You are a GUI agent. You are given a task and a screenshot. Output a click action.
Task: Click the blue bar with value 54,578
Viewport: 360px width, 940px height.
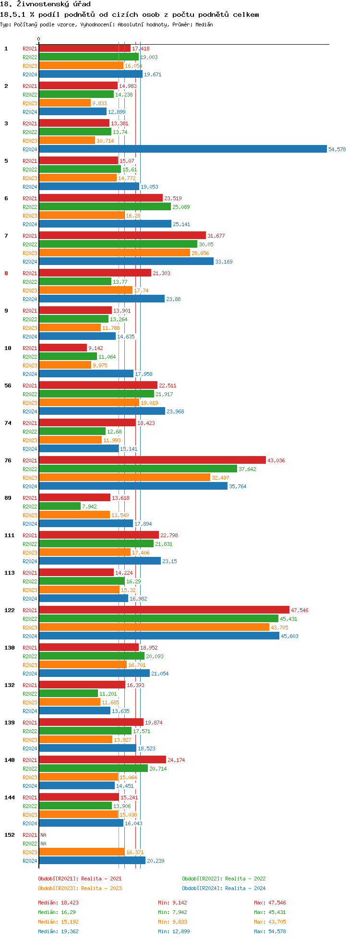(182, 149)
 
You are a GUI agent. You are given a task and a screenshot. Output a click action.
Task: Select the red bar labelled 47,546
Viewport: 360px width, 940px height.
(164, 610)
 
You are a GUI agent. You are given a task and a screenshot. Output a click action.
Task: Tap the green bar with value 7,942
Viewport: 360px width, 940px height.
(60, 506)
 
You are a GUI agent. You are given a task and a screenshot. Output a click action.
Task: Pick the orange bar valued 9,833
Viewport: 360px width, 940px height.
(65, 103)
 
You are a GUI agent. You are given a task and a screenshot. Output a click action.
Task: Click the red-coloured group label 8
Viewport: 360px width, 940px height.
(6, 273)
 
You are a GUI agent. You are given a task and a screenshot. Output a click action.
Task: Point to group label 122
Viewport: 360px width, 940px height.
(10, 610)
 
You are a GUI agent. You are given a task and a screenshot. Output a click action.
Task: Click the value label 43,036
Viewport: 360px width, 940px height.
(276, 460)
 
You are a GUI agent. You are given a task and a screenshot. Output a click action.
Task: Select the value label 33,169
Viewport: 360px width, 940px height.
(224, 262)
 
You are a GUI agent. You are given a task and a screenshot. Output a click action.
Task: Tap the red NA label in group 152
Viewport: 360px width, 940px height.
(43, 835)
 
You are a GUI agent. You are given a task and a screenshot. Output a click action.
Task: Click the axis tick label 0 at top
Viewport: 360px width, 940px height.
(39, 39)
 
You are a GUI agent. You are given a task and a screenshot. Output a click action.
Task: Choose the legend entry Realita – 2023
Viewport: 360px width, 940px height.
(80, 888)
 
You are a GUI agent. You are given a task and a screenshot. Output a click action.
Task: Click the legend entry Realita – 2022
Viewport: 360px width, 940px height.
(224, 879)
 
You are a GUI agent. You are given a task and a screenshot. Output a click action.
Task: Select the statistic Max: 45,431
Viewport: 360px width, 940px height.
(270, 912)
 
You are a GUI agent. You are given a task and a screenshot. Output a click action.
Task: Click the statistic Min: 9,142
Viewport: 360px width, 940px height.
(172, 903)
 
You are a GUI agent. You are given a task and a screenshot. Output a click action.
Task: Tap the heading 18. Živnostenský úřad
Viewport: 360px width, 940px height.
(45, 4)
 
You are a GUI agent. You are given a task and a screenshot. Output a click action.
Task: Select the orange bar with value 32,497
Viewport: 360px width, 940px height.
(124, 478)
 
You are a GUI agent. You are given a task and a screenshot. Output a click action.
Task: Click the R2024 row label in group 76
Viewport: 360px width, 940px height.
(30, 486)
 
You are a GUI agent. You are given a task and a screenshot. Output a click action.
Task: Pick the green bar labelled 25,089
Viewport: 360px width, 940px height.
(105, 207)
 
